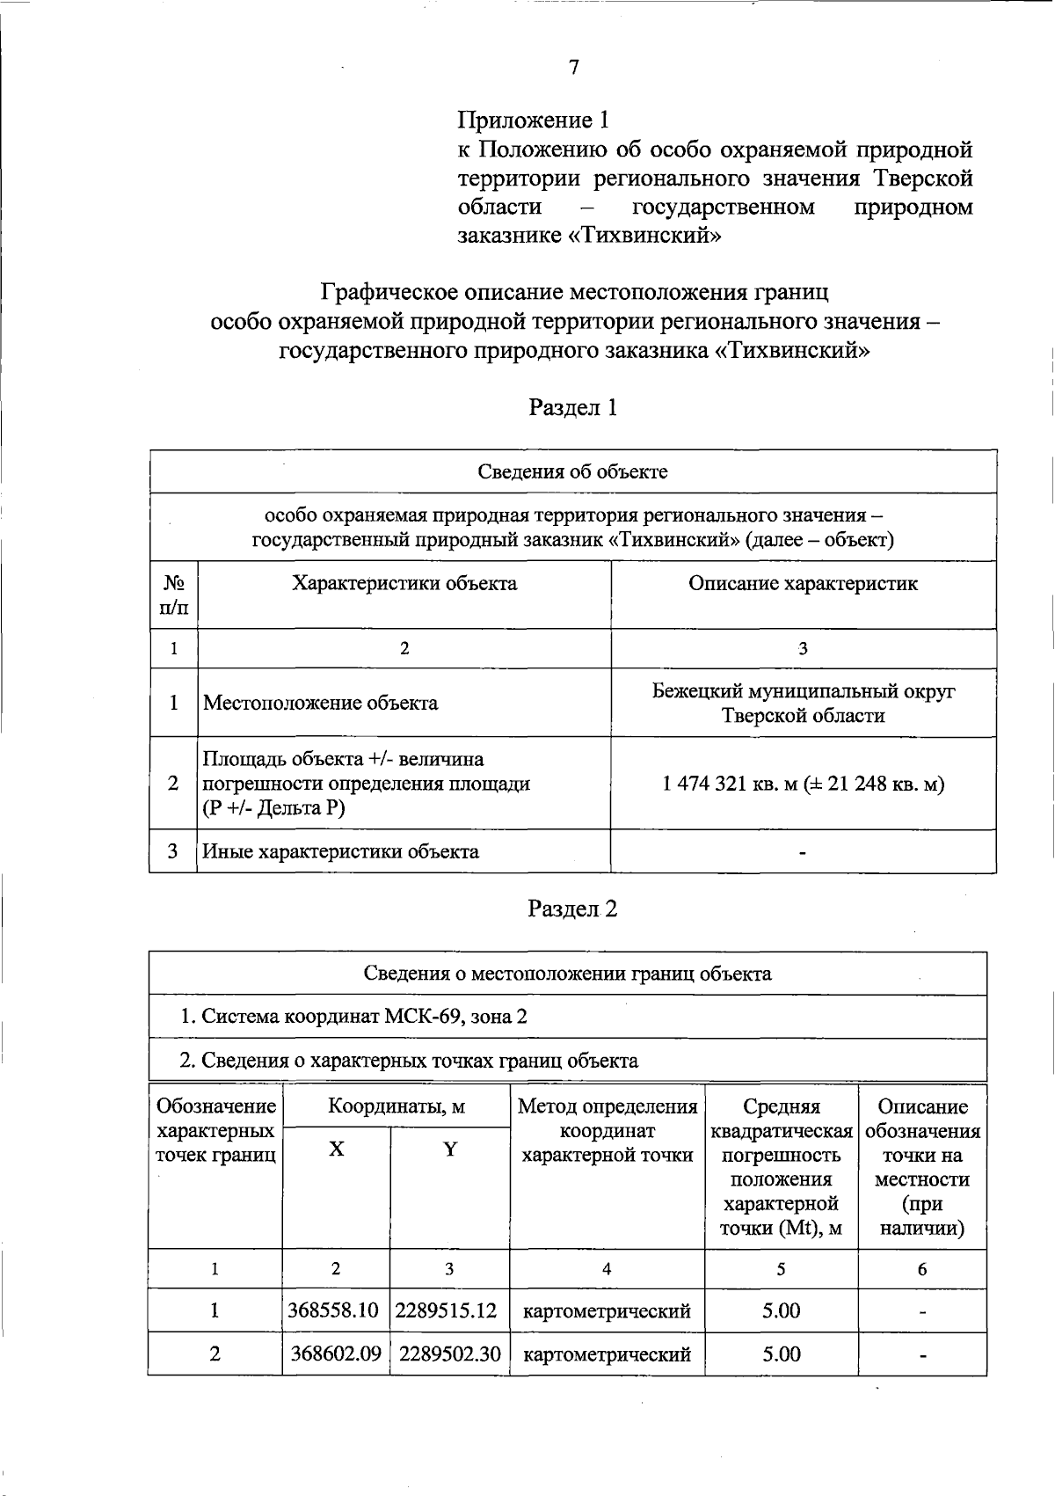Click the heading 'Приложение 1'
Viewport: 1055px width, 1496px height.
click(x=533, y=120)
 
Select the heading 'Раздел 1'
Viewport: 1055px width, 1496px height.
click(x=572, y=407)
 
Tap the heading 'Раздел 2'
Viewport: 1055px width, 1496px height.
click(x=572, y=909)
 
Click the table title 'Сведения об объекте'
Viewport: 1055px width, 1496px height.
click(x=572, y=471)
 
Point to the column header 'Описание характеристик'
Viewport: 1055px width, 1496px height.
click(x=803, y=583)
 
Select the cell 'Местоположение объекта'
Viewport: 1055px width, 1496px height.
click(x=320, y=703)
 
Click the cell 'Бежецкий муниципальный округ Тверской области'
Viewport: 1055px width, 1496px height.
click(x=803, y=703)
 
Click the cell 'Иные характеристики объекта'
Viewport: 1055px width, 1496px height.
click(x=340, y=851)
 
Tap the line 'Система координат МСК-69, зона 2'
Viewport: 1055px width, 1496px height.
click(x=353, y=1017)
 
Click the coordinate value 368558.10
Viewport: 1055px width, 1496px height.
click(x=333, y=1310)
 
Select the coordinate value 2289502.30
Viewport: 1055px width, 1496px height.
click(x=449, y=1354)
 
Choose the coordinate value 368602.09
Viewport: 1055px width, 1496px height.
click(x=335, y=1354)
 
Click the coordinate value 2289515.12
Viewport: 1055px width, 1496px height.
click(x=447, y=1310)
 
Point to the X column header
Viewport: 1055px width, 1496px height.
click(x=336, y=1149)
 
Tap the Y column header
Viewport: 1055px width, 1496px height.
click(x=449, y=1149)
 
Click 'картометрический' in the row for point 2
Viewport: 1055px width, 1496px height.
click(x=607, y=1354)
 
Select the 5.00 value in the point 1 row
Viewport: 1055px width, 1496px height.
click(x=781, y=1310)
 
